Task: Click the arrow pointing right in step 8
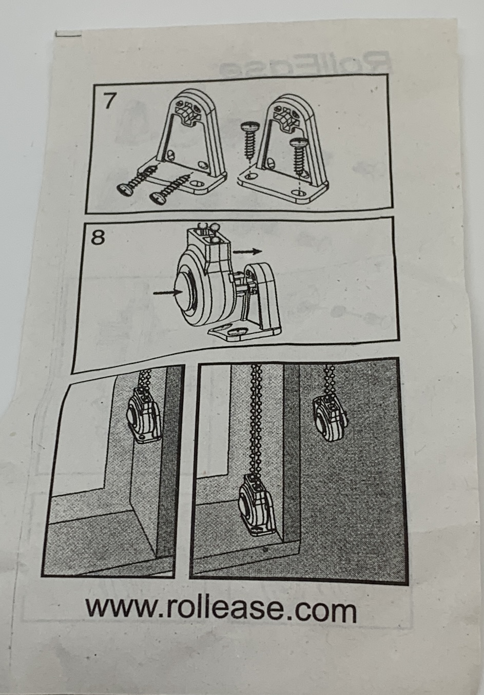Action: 248,252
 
